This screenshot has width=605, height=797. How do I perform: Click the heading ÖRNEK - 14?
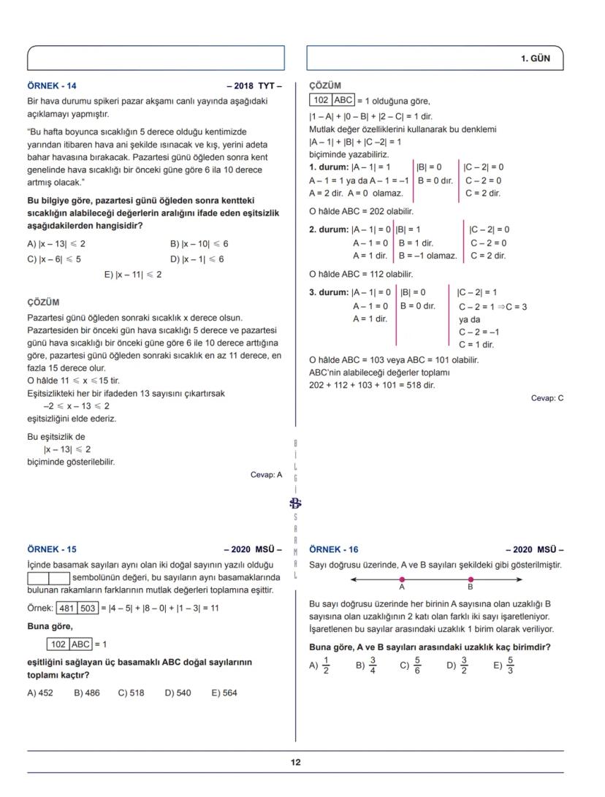[51, 85]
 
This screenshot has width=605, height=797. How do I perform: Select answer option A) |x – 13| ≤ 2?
[56, 244]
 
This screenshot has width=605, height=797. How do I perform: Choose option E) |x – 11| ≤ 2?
[134, 275]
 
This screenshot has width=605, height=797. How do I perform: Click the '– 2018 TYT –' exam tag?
[254, 85]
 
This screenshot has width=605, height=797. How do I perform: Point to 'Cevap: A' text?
[266, 474]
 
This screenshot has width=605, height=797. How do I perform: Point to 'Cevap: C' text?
[547, 398]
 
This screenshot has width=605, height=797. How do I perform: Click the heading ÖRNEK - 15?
[51, 549]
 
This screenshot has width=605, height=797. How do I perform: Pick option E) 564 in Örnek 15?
[224, 693]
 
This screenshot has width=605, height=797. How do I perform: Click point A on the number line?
[402, 579]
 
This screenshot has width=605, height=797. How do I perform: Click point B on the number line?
[471, 579]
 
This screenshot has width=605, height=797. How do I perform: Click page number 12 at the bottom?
[295, 762]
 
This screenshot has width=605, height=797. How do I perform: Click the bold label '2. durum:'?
[330, 229]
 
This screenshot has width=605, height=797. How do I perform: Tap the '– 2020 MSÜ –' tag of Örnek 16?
[535, 549]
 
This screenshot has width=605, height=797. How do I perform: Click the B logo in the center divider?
[295, 503]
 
